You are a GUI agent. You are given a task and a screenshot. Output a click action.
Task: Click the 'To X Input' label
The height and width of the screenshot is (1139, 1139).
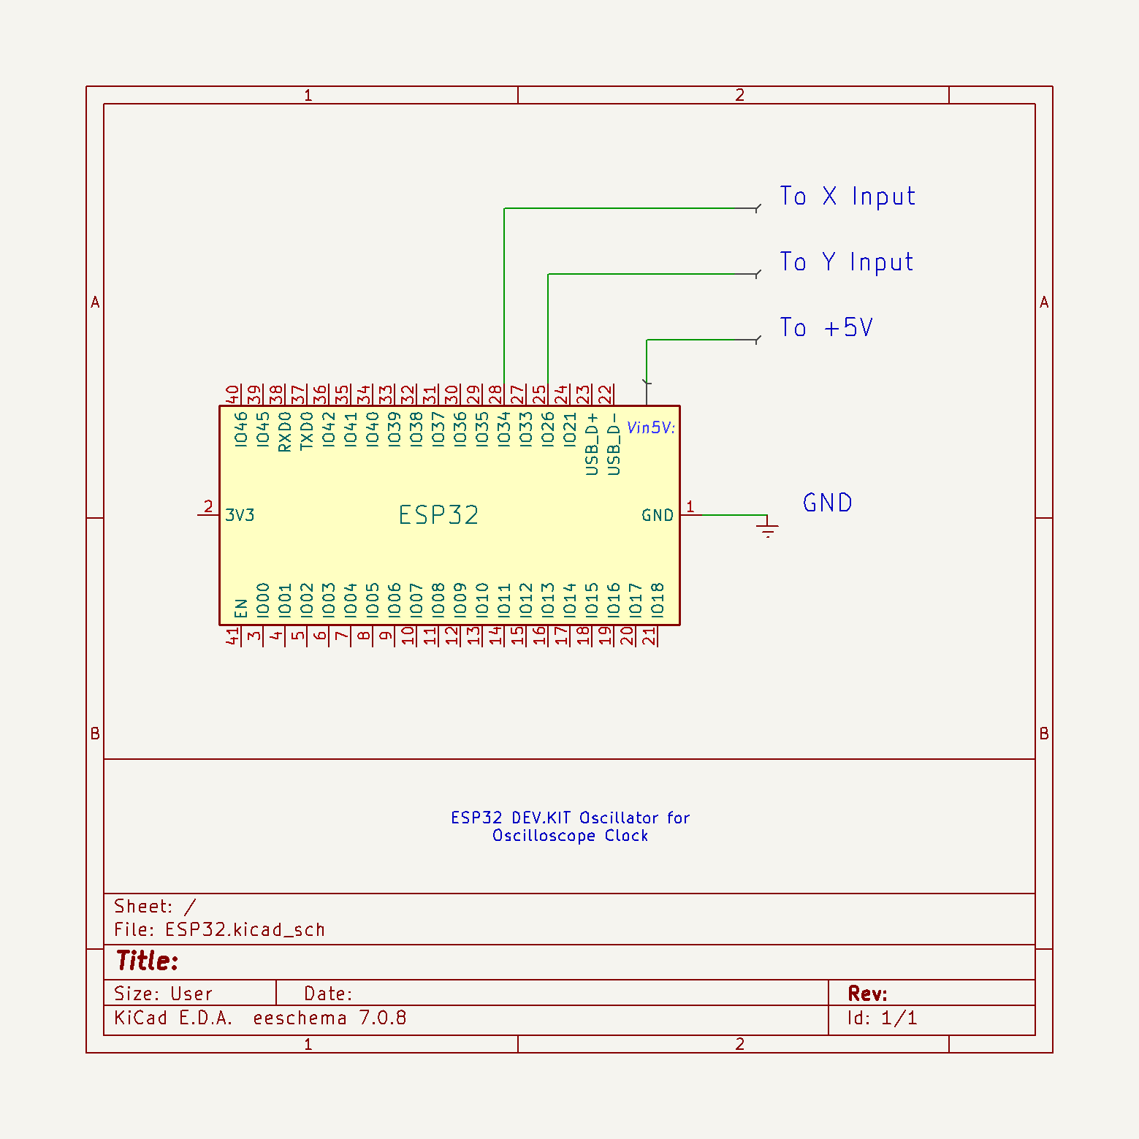pyautogui.click(x=847, y=197)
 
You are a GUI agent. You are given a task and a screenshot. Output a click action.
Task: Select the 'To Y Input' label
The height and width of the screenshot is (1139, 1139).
pyautogui.click(x=846, y=262)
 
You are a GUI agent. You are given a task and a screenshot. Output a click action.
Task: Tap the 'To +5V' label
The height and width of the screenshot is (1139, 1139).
pyautogui.click(x=826, y=328)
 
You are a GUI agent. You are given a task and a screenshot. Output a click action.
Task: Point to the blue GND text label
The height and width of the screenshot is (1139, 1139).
pyautogui.click(x=827, y=503)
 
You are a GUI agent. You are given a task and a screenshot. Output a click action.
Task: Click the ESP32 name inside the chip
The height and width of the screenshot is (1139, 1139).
pyautogui.click(x=438, y=515)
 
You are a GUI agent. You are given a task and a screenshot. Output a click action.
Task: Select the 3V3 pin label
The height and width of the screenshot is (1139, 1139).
pyautogui.click(x=240, y=515)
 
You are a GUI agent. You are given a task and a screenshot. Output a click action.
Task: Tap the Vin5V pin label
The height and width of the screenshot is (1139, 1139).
pyautogui.click(x=651, y=427)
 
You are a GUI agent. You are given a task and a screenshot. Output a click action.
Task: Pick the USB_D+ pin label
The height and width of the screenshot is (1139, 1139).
pyautogui.click(x=593, y=443)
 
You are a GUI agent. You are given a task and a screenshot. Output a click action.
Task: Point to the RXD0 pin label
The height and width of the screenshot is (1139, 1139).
pyautogui.click(x=285, y=431)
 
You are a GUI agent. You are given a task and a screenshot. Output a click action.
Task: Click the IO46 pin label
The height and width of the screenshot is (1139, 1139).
pyautogui.click(x=241, y=429)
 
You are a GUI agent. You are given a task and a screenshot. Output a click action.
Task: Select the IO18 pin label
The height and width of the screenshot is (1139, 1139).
pyautogui.click(x=658, y=600)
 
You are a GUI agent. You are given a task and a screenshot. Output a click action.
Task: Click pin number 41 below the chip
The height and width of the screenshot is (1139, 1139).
pyautogui.click(x=232, y=636)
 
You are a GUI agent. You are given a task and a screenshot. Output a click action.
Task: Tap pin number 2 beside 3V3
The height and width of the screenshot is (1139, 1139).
pyautogui.click(x=208, y=506)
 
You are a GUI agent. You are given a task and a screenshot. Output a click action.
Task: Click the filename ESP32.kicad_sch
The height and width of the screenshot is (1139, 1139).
pyautogui.click(x=245, y=929)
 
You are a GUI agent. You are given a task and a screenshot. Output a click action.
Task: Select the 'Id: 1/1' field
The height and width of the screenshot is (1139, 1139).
pyautogui.click(x=882, y=1018)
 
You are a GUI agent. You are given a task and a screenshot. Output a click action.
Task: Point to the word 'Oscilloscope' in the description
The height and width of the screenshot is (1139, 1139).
pyautogui.click(x=544, y=836)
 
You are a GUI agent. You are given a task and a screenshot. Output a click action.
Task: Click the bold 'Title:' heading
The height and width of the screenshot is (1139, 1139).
pyautogui.click(x=147, y=961)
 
